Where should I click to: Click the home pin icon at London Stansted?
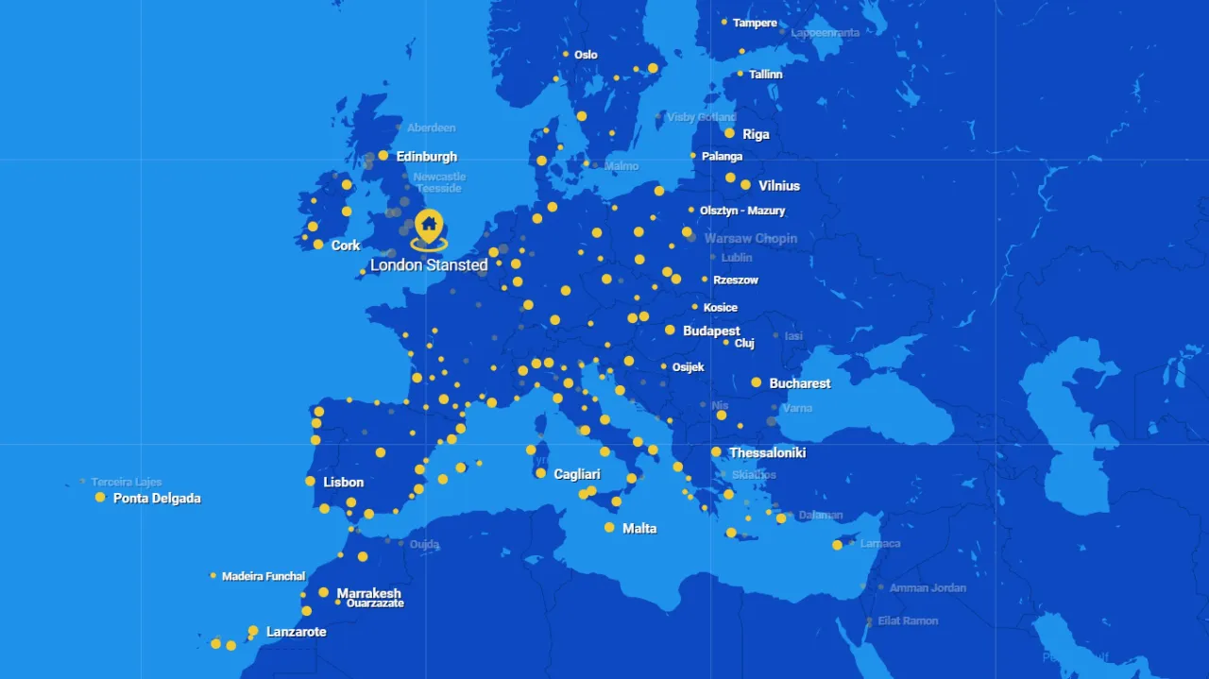click(429, 226)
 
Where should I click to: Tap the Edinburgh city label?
click(426, 157)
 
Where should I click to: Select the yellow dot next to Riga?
click(729, 133)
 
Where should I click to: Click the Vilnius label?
click(778, 186)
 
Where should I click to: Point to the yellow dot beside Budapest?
click(670, 331)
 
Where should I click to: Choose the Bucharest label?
click(799, 383)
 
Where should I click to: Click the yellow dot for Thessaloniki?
click(716, 452)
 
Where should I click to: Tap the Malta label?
click(639, 529)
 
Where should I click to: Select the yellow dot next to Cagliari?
click(540, 473)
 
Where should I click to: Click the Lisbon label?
click(343, 483)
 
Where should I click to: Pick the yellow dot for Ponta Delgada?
click(100, 498)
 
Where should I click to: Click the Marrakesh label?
click(368, 593)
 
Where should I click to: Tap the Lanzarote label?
click(296, 632)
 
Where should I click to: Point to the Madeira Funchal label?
click(264, 576)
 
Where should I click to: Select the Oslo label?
click(586, 55)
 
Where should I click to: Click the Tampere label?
click(755, 23)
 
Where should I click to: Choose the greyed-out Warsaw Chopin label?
click(750, 239)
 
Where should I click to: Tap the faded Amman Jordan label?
click(928, 588)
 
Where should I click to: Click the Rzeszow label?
click(735, 280)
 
